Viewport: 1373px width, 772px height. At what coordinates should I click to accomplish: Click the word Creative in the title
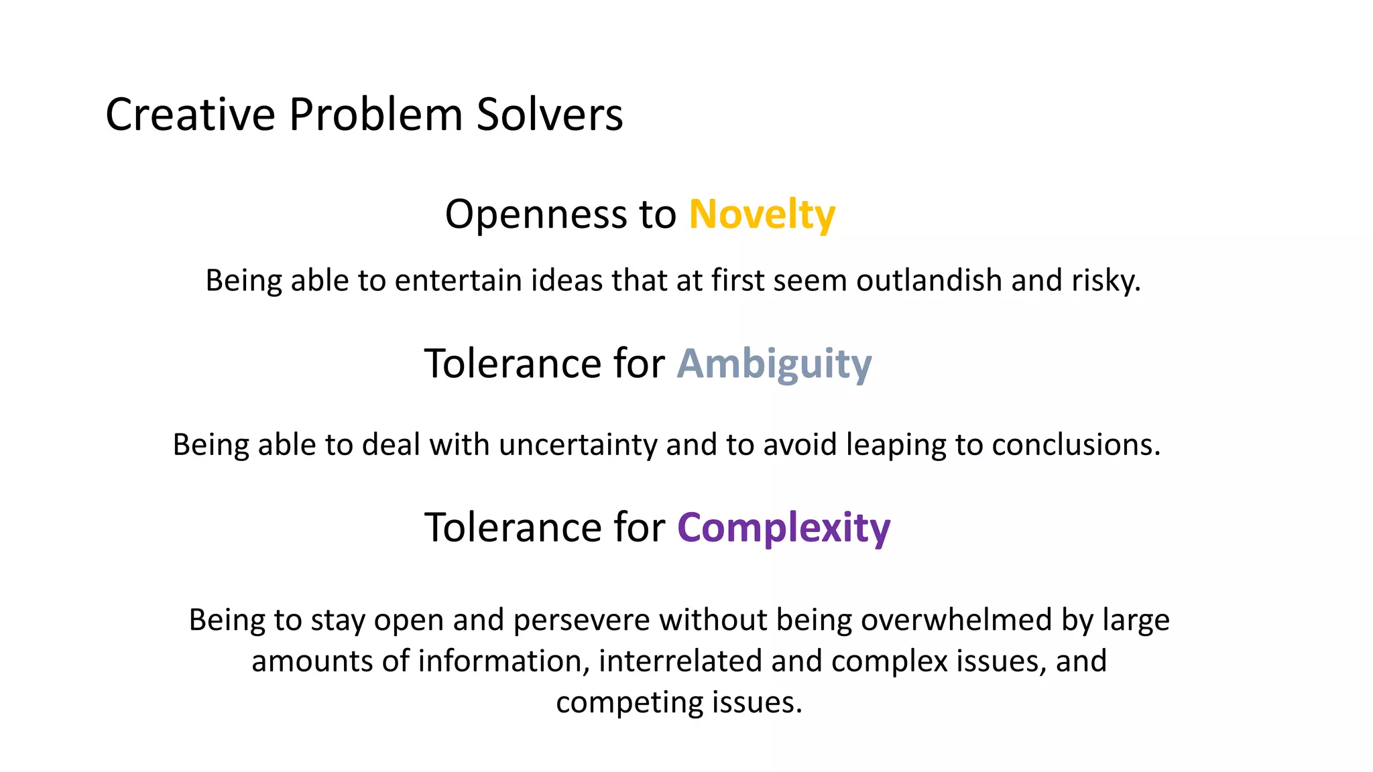pyautogui.click(x=190, y=114)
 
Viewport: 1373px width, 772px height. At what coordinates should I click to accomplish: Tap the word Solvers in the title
pyautogui.click(x=550, y=114)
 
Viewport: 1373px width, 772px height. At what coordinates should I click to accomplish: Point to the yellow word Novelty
pyautogui.click(x=762, y=214)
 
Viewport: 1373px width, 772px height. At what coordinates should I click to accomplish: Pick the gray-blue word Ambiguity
pyautogui.click(x=774, y=364)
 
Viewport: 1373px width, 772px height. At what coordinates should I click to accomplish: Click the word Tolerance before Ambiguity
pyautogui.click(x=513, y=364)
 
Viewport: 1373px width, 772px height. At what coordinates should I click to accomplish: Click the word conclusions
pyautogui.click(x=1075, y=445)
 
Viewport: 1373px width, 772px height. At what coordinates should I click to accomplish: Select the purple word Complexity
pyautogui.click(x=784, y=528)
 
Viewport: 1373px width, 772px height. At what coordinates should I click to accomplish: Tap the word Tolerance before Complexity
pyautogui.click(x=513, y=527)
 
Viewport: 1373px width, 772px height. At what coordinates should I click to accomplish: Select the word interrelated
pyautogui.click(x=680, y=661)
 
